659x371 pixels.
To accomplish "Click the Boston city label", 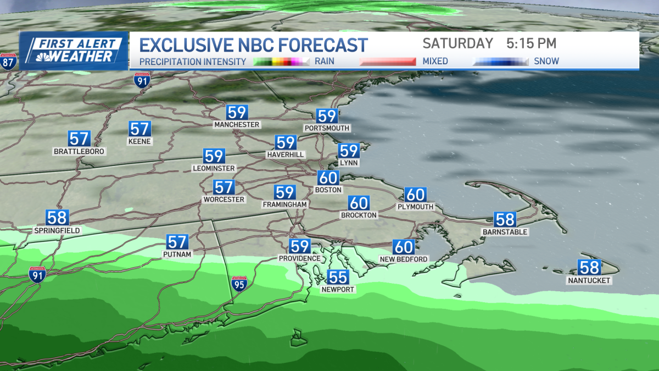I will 329,190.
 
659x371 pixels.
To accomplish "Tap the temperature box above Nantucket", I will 589,268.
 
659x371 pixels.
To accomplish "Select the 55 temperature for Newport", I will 337,277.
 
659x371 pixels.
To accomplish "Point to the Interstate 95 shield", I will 239,284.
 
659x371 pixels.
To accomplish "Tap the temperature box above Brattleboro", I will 79,139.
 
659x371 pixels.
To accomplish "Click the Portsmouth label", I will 327,128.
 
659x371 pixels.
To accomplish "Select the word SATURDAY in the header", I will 458,43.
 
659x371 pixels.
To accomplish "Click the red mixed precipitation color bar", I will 388,62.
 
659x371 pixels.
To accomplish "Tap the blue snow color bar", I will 500,62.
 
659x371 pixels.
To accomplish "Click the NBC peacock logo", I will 43,57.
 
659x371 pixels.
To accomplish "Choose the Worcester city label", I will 224,199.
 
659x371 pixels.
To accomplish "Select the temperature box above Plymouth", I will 415,195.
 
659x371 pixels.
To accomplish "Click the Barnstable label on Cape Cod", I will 504,232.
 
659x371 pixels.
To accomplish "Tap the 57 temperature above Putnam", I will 177,242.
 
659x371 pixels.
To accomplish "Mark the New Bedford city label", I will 404,259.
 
